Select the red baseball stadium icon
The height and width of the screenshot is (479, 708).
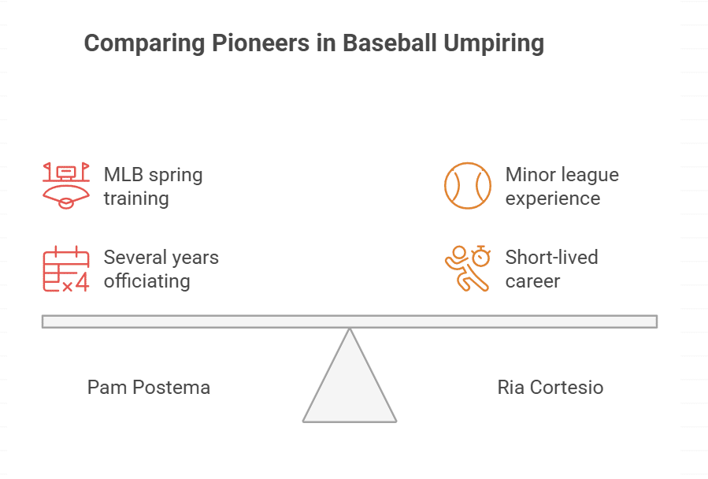pos(65,186)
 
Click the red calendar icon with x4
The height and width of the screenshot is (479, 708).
pos(65,269)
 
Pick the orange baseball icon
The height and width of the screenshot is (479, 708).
pos(467,186)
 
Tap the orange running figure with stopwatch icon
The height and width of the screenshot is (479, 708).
pos(467,269)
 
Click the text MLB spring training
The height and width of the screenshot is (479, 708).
pos(153,186)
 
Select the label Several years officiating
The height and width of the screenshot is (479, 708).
pos(161,269)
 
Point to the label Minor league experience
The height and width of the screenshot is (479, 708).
pos(562,186)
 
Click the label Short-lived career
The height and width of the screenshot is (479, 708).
pos(551,269)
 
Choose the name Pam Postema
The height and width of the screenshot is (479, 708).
pos(149,388)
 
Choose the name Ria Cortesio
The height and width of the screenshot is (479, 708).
pos(550,388)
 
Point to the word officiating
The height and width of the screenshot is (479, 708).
pos(147,280)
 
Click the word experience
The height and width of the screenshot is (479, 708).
pos(553,198)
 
